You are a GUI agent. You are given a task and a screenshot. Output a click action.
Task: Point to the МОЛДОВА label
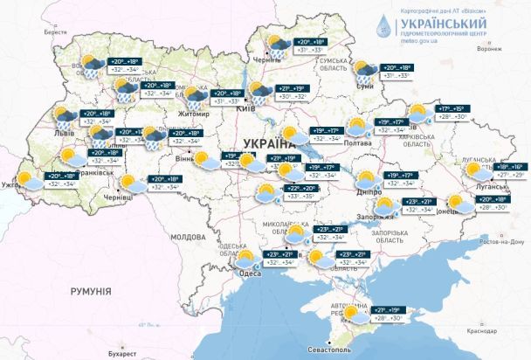click(x=188, y=237)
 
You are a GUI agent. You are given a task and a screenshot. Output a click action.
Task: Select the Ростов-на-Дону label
click(x=493, y=241)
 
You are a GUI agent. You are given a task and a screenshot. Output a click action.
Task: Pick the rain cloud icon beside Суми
click(x=364, y=69)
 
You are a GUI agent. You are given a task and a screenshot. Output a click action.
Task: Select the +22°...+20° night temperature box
click(x=300, y=188)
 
